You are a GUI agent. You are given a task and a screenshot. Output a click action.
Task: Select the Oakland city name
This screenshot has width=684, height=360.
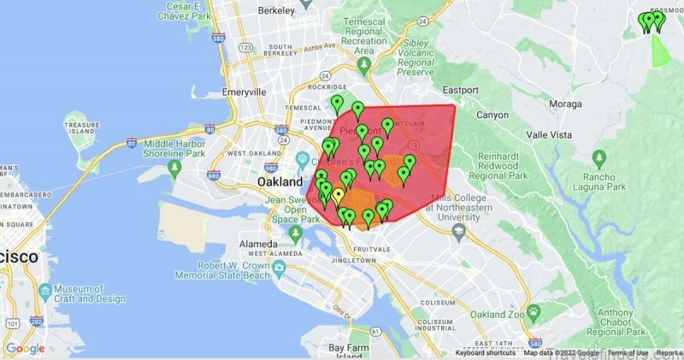[280, 182]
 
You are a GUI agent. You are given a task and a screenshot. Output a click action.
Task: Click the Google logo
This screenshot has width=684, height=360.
[25, 348]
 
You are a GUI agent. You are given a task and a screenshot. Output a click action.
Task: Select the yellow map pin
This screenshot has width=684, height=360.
[339, 196]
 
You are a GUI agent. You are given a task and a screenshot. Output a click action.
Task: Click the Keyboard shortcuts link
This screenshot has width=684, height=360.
[485, 353]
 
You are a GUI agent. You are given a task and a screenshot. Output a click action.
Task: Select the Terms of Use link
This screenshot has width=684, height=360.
[628, 353]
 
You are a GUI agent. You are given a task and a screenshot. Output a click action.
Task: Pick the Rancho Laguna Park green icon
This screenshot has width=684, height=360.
[599, 157]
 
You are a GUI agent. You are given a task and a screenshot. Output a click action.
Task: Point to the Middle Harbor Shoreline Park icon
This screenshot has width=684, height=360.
[174, 166]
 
